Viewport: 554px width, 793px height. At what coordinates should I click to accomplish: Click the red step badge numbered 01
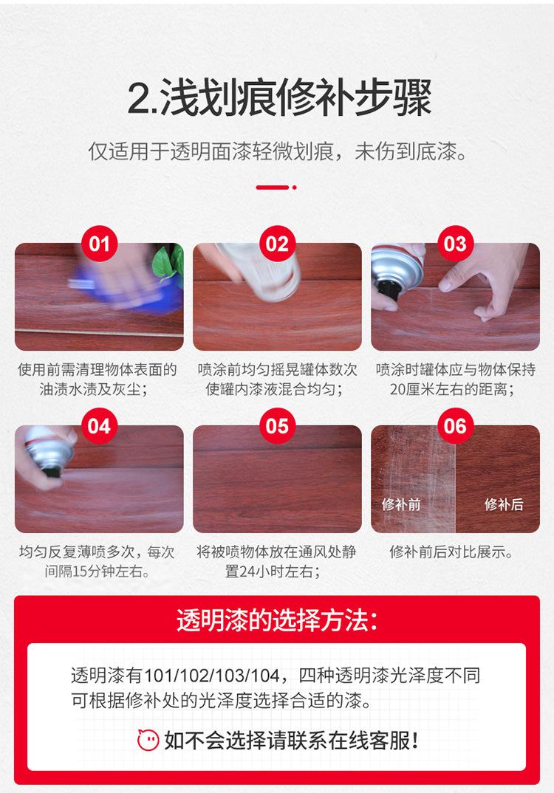(99, 243)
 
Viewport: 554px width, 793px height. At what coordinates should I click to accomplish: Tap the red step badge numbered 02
(277, 243)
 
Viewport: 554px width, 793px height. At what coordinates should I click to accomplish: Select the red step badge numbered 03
(455, 243)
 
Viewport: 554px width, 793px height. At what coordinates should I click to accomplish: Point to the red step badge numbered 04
(99, 426)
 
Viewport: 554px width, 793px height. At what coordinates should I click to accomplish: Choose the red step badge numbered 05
(277, 426)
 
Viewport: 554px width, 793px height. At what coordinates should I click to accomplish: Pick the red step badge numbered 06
(455, 426)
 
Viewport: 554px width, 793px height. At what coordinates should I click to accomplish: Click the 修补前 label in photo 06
(401, 504)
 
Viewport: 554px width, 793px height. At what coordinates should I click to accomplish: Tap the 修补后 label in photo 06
(504, 504)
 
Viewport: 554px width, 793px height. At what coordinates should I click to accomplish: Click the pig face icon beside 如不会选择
(148, 738)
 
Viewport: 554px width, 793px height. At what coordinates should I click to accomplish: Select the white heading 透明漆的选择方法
(278, 620)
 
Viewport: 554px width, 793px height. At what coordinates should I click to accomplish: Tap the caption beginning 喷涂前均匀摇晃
(277, 369)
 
